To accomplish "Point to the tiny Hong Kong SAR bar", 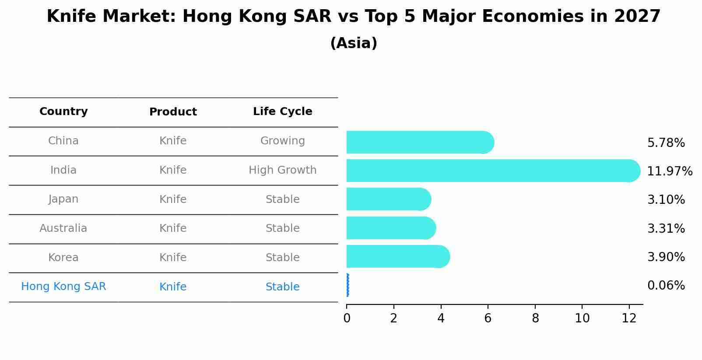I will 347,285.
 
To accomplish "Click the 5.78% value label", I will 666,143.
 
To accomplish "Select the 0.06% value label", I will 666,286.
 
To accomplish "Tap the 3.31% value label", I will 666,228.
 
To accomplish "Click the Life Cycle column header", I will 282,112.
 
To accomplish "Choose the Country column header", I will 63,112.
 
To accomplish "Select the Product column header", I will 173,112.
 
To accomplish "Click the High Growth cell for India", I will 282,170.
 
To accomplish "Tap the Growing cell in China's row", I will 282,141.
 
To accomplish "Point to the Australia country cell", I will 63,228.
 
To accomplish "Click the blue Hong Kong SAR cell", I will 63,287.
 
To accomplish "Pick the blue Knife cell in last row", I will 173,287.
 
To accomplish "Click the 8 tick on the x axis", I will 535,318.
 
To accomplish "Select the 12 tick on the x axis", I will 629,318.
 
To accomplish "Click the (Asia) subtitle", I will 354,43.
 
